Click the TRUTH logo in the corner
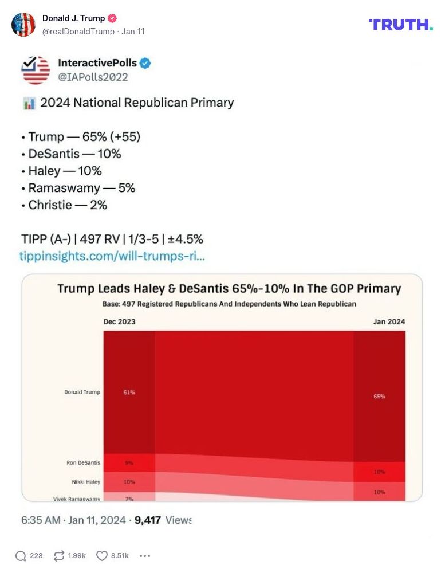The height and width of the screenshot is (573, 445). (x=400, y=24)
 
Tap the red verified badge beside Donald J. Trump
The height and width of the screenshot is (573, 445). (x=113, y=18)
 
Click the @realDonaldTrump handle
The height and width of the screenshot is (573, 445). (x=79, y=32)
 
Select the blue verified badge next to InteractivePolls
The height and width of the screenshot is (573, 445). (x=145, y=63)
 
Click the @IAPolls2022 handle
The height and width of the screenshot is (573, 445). (x=93, y=77)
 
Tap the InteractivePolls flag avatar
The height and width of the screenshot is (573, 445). (x=36, y=70)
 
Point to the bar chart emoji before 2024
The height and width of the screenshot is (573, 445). (x=29, y=103)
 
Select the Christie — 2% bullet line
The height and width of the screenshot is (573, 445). (x=64, y=205)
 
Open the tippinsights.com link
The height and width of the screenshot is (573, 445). (x=112, y=256)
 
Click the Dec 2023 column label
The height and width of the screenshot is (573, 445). (x=119, y=321)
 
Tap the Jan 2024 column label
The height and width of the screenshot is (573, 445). (x=389, y=321)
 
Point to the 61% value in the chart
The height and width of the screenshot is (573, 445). (x=129, y=393)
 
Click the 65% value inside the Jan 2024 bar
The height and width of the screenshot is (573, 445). (x=379, y=396)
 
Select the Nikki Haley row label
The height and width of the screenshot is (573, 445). (x=83, y=482)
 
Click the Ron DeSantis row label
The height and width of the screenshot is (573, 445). (x=83, y=462)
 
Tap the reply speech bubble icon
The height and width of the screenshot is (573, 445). (x=21, y=555)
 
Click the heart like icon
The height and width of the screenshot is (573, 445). (x=101, y=555)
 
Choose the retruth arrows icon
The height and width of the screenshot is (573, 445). (x=59, y=555)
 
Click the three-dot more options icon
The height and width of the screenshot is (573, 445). (x=145, y=555)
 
